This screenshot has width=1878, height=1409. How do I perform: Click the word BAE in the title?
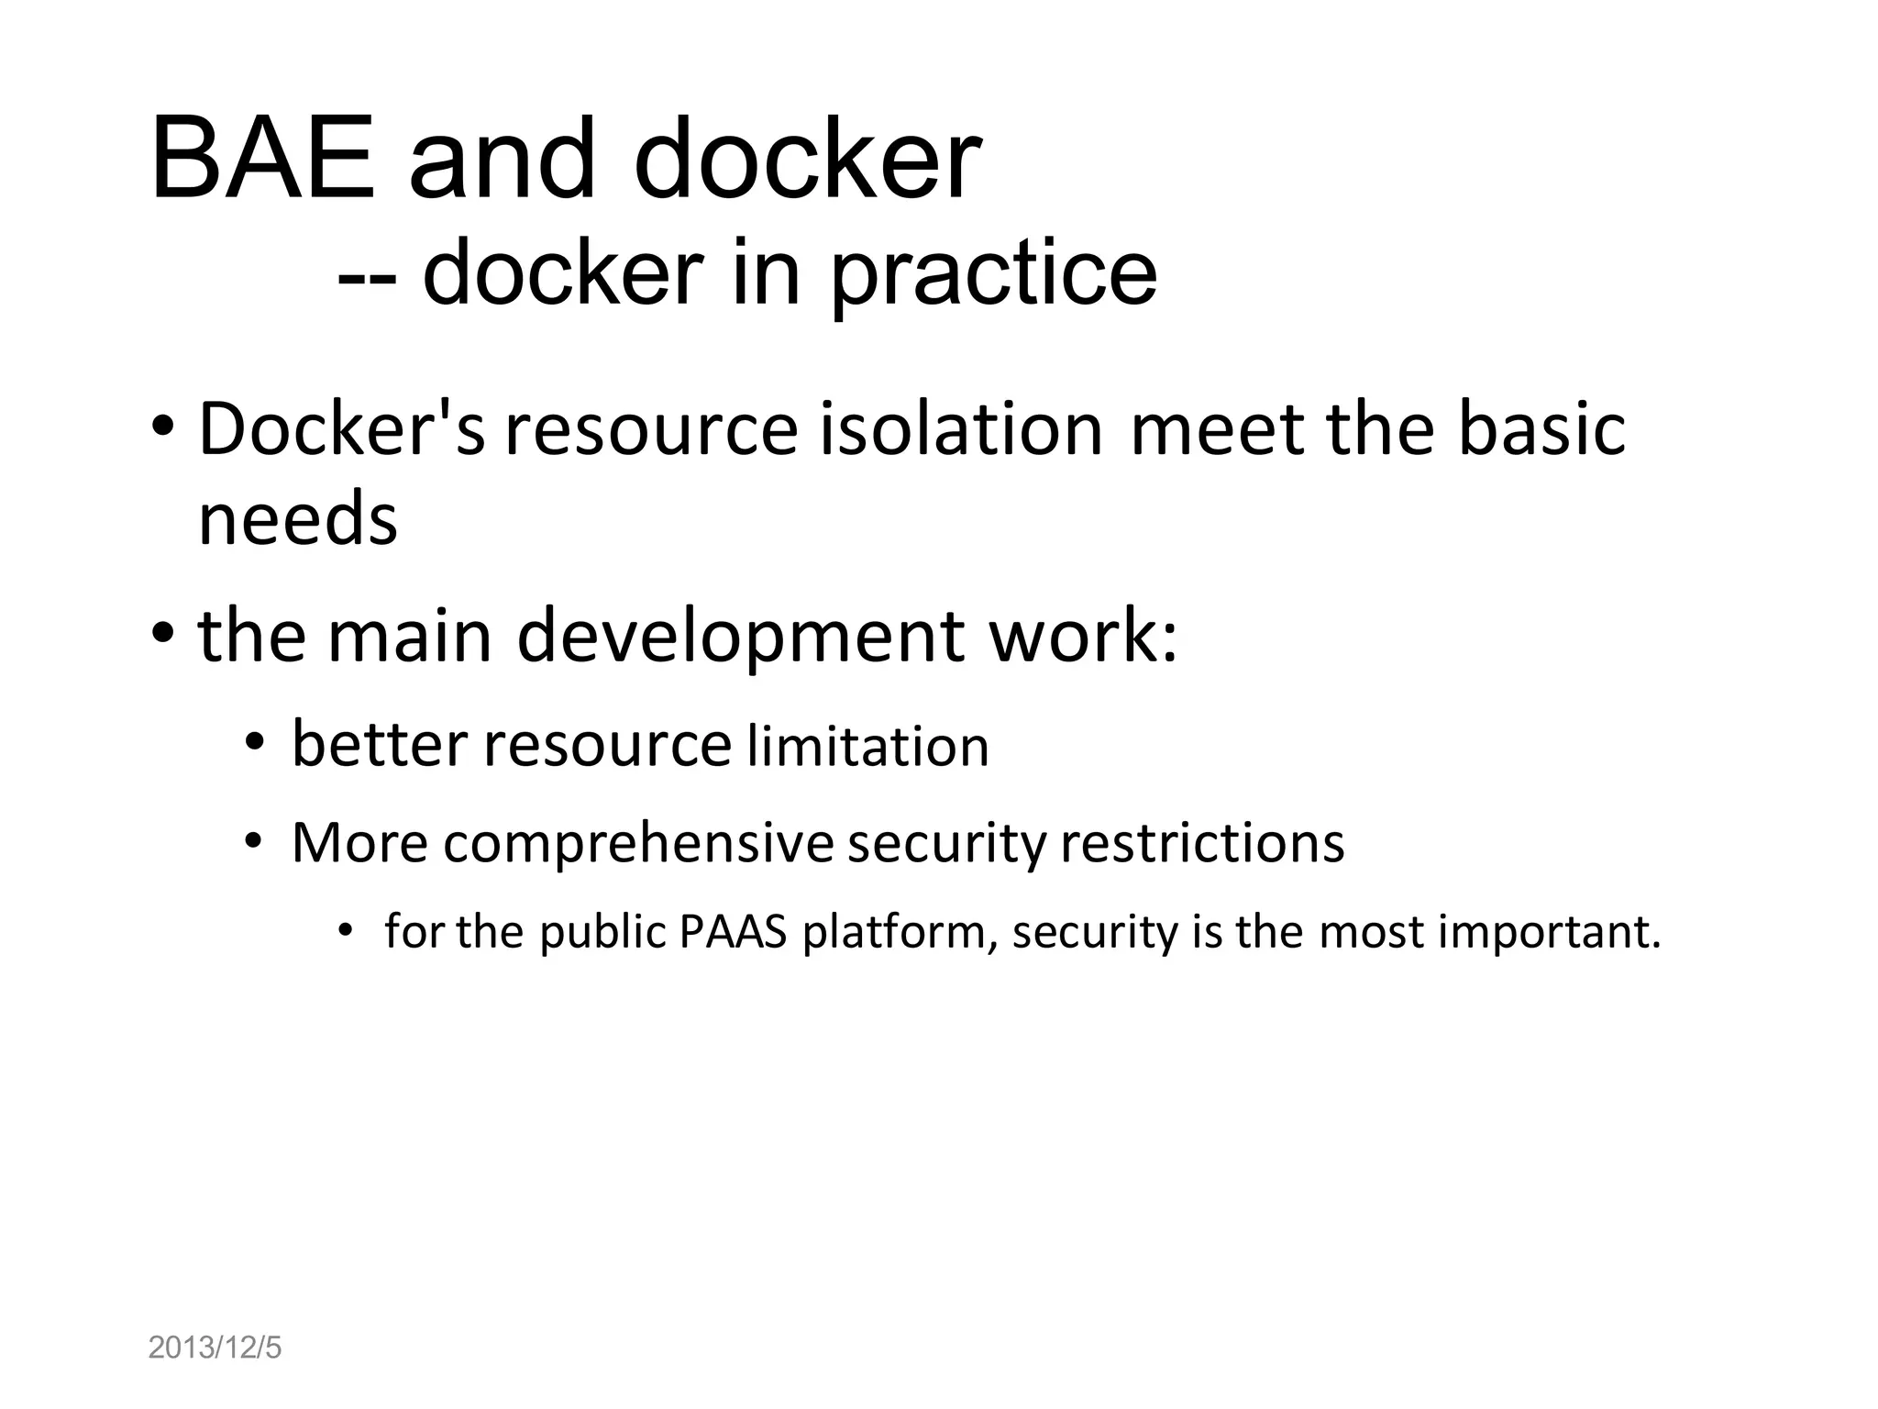(x=263, y=158)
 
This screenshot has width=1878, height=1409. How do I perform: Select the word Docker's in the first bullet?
(x=341, y=428)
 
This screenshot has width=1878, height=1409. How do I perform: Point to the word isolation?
(x=961, y=428)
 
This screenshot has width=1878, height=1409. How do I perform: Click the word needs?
(x=298, y=519)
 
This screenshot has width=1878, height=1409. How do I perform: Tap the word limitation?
(x=868, y=746)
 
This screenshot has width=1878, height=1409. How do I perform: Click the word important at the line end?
(x=1549, y=932)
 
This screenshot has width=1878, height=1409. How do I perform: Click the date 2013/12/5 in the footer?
(x=215, y=1348)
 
